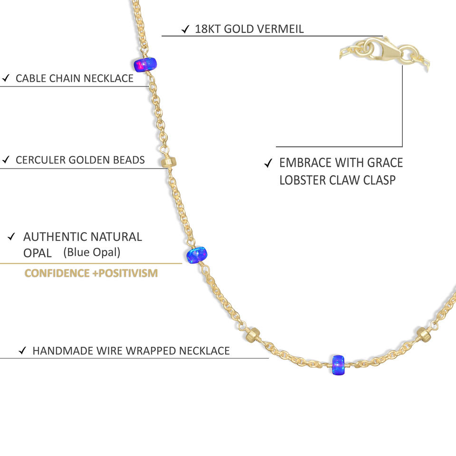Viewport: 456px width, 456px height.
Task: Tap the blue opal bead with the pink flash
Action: (144, 65)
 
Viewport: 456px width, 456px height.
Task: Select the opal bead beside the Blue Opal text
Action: (197, 255)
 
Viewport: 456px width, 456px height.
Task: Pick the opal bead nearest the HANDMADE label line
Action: (338, 363)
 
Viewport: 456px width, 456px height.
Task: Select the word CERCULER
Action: (40, 160)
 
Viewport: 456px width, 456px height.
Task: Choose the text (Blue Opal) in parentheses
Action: (92, 252)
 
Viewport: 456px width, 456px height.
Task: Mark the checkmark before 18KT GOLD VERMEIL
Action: (186, 29)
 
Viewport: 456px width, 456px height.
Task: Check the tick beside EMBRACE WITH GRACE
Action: (268, 163)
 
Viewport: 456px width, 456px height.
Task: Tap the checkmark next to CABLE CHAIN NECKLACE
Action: (6, 78)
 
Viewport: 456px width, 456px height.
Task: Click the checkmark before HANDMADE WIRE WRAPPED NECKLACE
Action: (22, 351)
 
